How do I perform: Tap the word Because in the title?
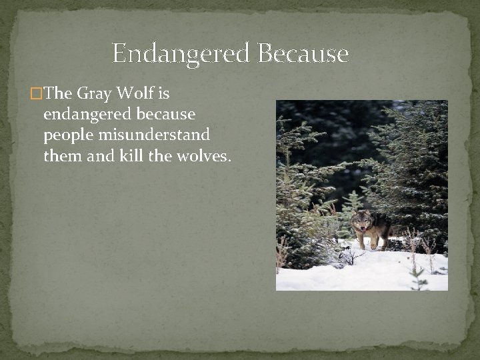[x=303, y=53]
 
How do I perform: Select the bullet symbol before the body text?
[x=36, y=95]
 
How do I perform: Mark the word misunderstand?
[x=155, y=135]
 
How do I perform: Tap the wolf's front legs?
[x=367, y=241]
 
